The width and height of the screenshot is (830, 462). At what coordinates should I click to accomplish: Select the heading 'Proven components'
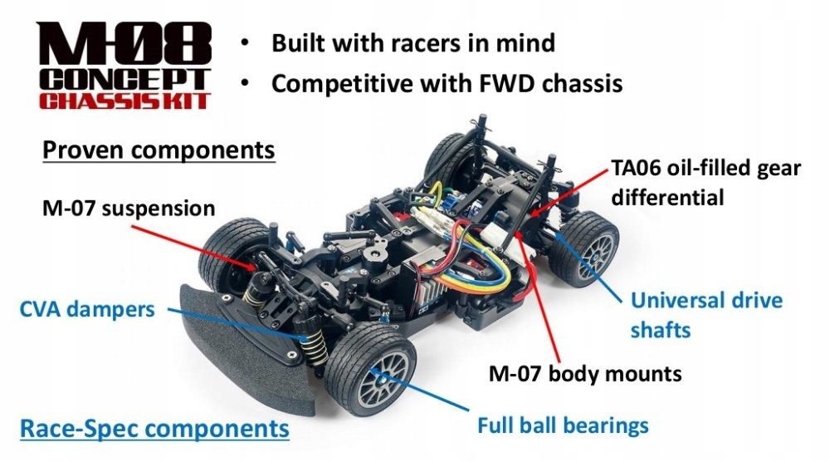[x=158, y=150]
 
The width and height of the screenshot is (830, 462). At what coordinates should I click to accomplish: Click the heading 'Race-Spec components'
[x=154, y=429]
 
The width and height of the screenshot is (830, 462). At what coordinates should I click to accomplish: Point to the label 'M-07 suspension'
[x=128, y=207]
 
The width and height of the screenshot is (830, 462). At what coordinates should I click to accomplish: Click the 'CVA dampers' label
[x=87, y=310]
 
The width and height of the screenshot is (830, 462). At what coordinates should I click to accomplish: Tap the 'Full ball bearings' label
[x=562, y=426]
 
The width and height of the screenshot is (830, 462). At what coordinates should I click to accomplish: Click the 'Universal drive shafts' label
[x=705, y=314]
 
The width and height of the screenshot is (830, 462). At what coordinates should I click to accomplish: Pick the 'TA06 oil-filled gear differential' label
[x=705, y=183]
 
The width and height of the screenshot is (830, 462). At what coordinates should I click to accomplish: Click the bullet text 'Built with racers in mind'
[x=413, y=42]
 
